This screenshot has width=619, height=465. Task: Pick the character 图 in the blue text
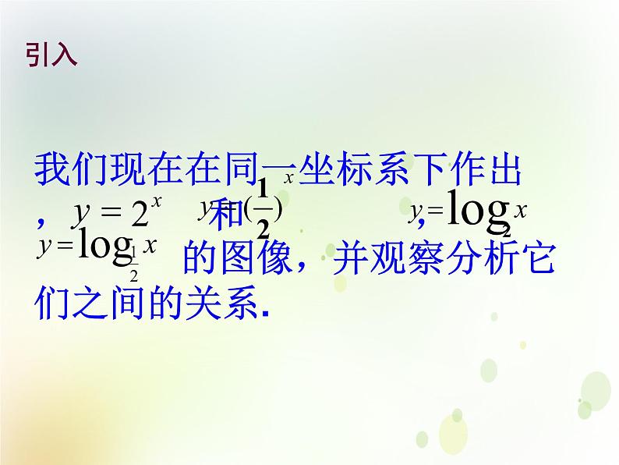point(239,258)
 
